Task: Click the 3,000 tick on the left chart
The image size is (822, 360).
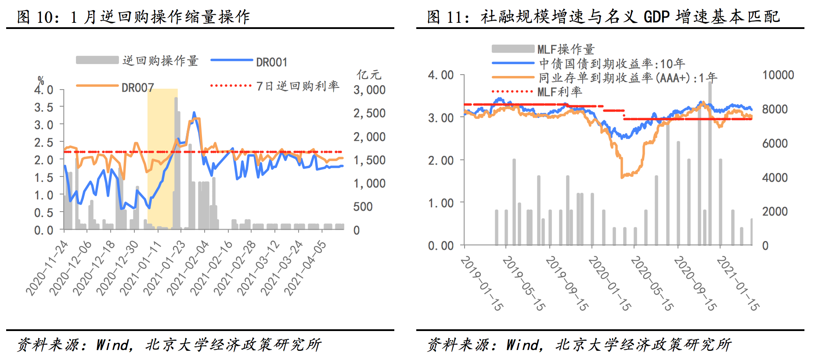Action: (369, 90)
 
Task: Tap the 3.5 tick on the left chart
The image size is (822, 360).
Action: (43, 108)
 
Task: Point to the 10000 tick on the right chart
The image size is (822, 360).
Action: (778, 75)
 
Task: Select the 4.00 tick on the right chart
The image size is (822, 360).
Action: (441, 75)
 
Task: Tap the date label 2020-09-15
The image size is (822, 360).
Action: (695, 284)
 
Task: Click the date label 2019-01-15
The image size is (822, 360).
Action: (482, 284)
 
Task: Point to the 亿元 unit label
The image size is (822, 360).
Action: (369, 75)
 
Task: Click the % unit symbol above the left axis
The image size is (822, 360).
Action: (41, 80)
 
